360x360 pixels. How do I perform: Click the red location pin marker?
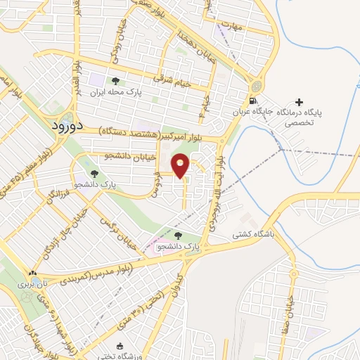181,165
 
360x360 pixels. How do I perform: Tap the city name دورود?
68,125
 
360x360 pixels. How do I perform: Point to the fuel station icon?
255,86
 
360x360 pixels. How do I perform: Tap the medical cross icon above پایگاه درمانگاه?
302,103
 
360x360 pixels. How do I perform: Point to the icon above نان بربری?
33,273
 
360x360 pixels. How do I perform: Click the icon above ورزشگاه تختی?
120,345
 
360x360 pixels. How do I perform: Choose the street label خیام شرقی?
195,82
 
